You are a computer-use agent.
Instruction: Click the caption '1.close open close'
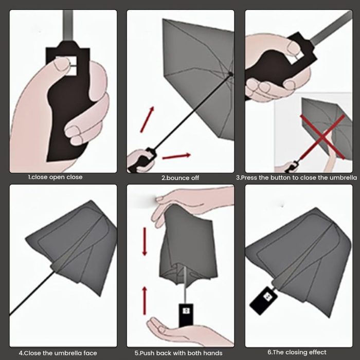(x=55, y=177)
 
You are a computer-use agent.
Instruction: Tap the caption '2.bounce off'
(x=180, y=178)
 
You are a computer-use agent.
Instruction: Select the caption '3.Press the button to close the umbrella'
(x=297, y=178)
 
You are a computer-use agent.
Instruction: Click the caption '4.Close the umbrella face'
(x=58, y=353)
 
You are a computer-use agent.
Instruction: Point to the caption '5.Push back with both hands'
(x=178, y=353)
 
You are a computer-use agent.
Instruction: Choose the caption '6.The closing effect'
(x=297, y=352)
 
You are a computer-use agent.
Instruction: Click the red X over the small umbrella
(x=323, y=137)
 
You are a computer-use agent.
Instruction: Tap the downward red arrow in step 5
(x=145, y=242)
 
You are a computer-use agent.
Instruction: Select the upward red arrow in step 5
(x=145, y=301)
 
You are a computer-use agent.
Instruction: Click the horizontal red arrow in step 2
(x=176, y=156)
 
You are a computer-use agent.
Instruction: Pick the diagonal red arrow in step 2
(x=147, y=119)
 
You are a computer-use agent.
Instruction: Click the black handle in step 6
(x=263, y=300)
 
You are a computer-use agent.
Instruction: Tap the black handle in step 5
(x=186, y=315)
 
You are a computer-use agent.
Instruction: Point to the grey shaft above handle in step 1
(x=68, y=26)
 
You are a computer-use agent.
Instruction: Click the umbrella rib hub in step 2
(x=230, y=74)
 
